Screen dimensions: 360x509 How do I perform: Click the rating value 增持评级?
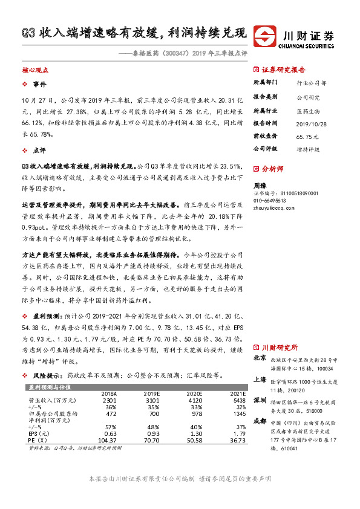tap(308, 149)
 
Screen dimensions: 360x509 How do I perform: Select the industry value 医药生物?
tap(307, 111)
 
